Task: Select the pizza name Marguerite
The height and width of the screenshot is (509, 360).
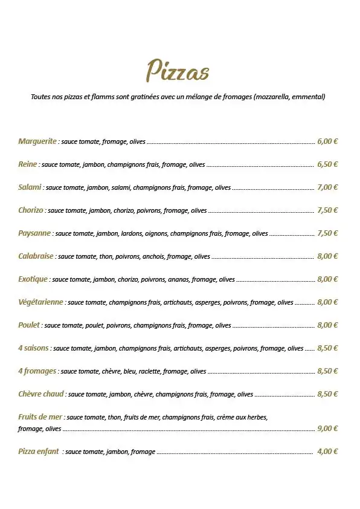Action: pyautogui.click(x=37, y=141)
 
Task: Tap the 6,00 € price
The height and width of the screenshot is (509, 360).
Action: pyautogui.click(x=327, y=141)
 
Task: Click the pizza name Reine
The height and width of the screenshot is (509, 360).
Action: pyautogui.click(x=28, y=164)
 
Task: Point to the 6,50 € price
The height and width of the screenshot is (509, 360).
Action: pyautogui.click(x=327, y=164)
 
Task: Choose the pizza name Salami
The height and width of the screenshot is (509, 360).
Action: pyautogui.click(x=30, y=187)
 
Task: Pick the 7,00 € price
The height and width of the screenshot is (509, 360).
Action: pyautogui.click(x=327, y=187)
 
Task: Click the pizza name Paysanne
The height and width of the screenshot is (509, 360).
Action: pyautogui.click(x=34, y=233)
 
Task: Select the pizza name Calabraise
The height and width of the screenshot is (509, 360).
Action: pyautogui.click(x=36, y=256)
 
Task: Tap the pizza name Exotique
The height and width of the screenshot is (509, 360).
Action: pyautogui.click(x=33, y=279)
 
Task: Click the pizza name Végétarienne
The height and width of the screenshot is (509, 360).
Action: pyautogui.click(x=41, y=302)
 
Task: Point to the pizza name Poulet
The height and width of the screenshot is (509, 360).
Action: pyautogui.click(x=30, y=325)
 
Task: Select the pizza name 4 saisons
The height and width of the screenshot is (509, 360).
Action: pyautogui.click(x=34, y=348)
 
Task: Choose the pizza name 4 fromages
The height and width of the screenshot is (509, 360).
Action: pyautogui.click(x=37, y=371)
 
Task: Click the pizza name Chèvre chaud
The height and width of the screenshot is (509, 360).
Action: pyautogui.click(x=41, y=394)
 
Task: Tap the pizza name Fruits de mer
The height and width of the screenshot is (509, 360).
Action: pyautogui.click(x=40, y=417)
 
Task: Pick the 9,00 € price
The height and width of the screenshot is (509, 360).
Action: pyautogui.click(x=327, y=429)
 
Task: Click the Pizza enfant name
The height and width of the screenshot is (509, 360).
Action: pyautogui.click(x=39, y=452)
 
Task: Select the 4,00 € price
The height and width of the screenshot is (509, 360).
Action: pyautogui.click(x=327, y=452)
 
